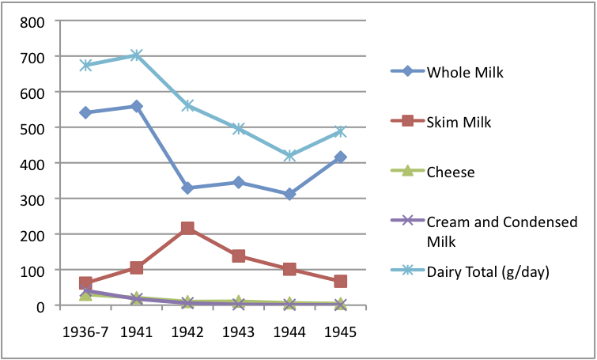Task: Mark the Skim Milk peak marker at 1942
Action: [187, 228]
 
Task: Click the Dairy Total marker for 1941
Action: [137, 55]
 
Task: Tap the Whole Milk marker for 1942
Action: [187, 188]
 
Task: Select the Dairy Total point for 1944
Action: [289, 156]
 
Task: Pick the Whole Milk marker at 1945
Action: [341, 157]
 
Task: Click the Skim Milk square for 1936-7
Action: [85, 282]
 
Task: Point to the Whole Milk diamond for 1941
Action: [137, 106]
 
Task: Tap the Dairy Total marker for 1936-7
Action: [85, 65]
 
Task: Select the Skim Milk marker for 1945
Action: [341, 281]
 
